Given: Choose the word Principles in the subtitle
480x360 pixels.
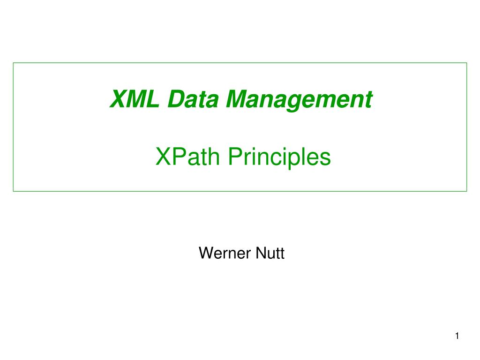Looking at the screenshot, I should click(279, 157).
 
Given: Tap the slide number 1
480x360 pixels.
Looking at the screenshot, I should click(457, 336).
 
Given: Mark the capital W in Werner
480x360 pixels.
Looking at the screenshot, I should click(206, 254).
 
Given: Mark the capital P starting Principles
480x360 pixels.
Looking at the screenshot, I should click(233, 157).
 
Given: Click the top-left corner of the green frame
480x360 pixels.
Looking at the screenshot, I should click(13, 63).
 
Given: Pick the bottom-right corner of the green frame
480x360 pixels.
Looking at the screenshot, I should click(467, 191).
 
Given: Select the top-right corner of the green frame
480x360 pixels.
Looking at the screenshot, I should click(467, 63).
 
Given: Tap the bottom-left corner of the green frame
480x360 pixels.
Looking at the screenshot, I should click(13, 191).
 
